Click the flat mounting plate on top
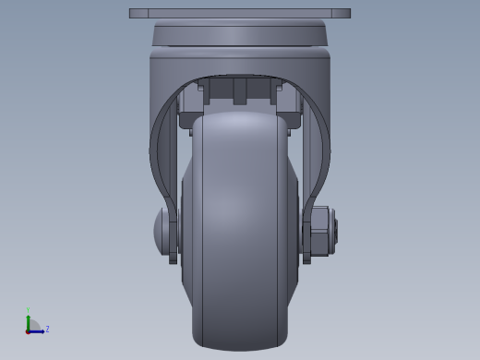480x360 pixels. (240, 14)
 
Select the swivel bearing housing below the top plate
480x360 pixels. (240, 36)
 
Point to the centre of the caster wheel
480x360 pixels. (239, 231)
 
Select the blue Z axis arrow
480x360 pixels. (38, 330)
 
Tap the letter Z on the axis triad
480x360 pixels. (47, 329)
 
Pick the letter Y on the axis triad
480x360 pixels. (29, 310)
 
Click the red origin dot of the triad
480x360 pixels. (29, 330)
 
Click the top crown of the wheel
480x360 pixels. (239, 118)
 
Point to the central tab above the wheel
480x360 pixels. (240, 90)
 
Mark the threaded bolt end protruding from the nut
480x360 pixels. (334, 231)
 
